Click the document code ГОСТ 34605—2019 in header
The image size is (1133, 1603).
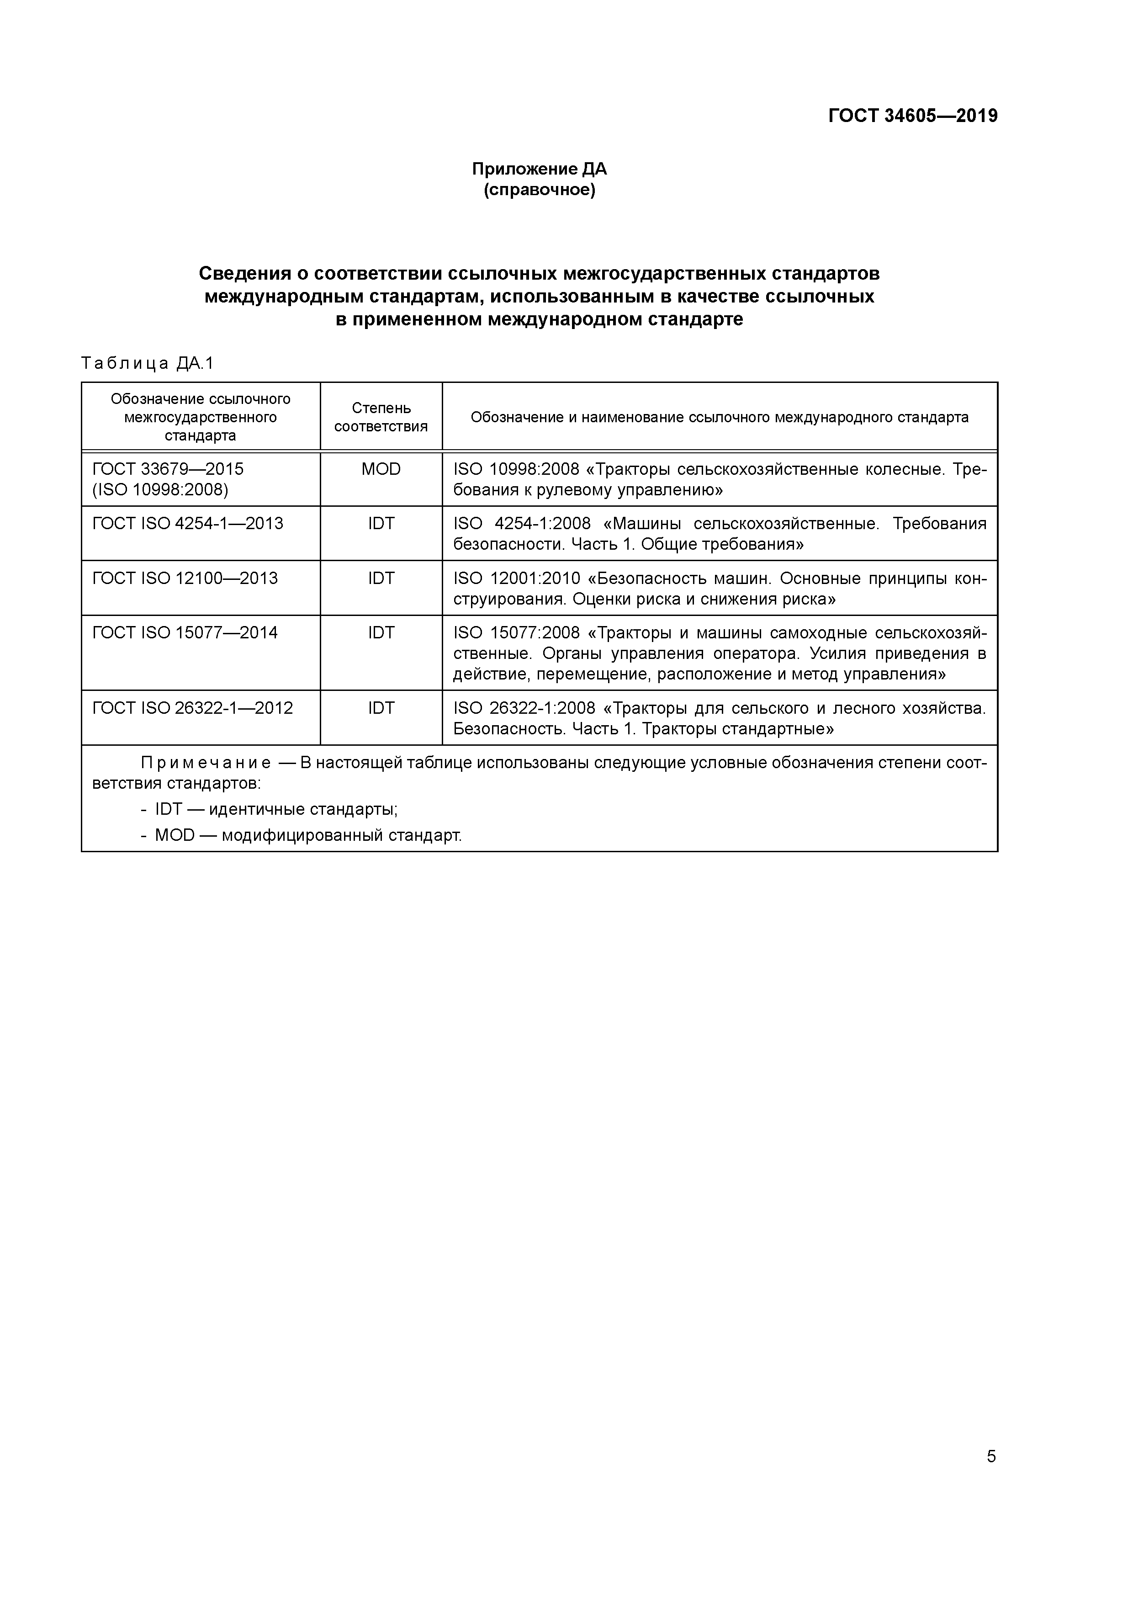[912, 116]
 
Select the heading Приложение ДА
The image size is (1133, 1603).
[539, 169]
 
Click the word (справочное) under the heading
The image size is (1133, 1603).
[539, 190]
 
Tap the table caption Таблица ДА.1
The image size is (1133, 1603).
[147, 363]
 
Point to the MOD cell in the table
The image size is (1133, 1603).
[381, 469]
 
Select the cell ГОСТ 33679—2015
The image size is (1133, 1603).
[168, 469]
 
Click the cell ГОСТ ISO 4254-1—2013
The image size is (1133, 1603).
[188, 524]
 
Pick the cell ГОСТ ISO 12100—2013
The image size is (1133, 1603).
[185, 578]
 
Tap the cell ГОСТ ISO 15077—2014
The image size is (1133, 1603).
[185, 632]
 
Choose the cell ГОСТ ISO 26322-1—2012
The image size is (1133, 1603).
[193, 708]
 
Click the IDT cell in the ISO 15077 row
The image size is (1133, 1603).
[381, 632]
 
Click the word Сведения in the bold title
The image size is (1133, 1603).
[244, 273]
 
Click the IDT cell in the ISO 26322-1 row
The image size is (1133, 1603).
[381, 708]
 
